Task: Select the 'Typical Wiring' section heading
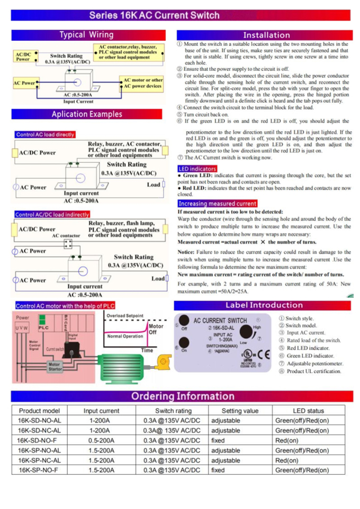pyautogui.click(x=86, y=35)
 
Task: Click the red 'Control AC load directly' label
pyautogui.click(x=46, y=134)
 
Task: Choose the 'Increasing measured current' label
pyautogui.click(x=217, y=204)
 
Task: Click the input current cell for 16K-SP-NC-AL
pyautogui.click(x=101, y=460)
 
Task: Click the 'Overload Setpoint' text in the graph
pyautogui.click(x=125, y=316)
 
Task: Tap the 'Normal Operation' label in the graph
pyautogui.click(x=125, y=336)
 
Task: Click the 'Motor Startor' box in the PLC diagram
pyautogui.click(x=55, y=366)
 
